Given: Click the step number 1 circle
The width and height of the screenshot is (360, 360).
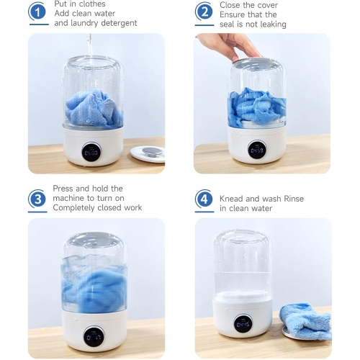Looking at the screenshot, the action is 37,12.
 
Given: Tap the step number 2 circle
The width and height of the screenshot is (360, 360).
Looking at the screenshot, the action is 204,12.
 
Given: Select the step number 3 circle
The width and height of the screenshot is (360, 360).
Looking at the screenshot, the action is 37,199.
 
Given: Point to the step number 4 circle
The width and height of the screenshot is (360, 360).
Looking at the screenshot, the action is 204,199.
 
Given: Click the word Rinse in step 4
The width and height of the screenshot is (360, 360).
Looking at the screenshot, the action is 294,199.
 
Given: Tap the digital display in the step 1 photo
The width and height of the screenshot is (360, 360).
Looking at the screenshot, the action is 91,152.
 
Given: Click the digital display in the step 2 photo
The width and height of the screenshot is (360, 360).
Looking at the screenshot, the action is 257,150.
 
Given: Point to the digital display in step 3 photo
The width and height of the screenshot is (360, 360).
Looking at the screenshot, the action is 94,337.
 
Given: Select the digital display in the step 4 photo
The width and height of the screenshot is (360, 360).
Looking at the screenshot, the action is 243,324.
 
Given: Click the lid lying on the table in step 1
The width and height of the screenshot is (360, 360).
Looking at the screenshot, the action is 148,154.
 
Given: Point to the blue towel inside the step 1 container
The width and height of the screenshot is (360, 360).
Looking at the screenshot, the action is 94,109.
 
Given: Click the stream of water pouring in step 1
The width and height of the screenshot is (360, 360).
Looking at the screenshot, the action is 90,50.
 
